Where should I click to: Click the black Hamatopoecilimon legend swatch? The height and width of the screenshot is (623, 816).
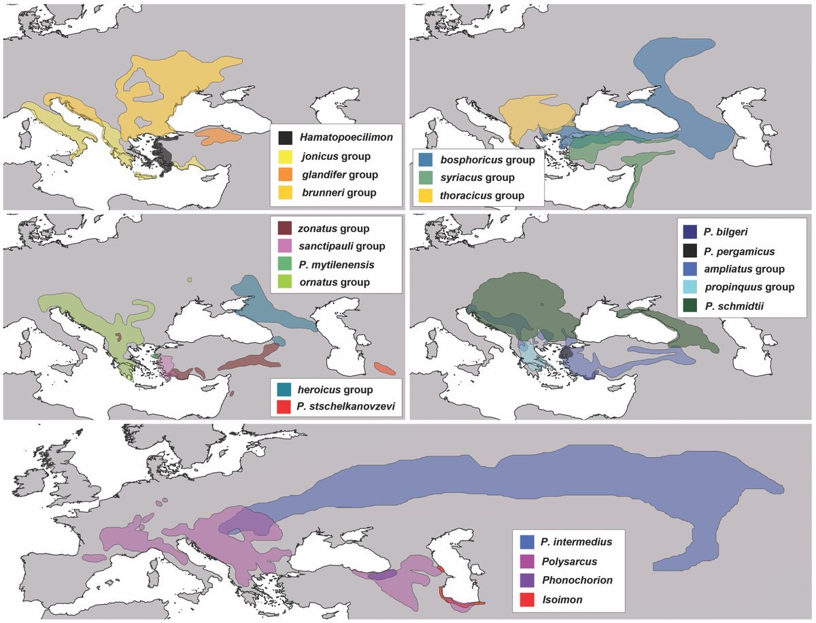pyautogui.click(x=285, y=138)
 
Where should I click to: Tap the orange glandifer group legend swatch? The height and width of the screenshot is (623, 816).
pyautogui.click(x=285, y=175)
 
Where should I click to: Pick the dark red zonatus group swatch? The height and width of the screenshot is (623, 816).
pyautogui.click(x=285, y=228)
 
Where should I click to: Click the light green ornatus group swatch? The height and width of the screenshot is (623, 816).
pyautogui.click(x=285, y=282)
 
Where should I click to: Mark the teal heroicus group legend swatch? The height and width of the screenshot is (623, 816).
pyautogui.click(x=285, y=390)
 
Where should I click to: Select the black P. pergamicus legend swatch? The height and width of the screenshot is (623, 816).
pyautogui.click(x=689, y=250)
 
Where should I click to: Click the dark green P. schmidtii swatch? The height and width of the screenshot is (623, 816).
pyautogui.click(x=689, y=305)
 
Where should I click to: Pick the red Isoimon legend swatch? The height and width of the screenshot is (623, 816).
pyautogui.click(x=527, y=599)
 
